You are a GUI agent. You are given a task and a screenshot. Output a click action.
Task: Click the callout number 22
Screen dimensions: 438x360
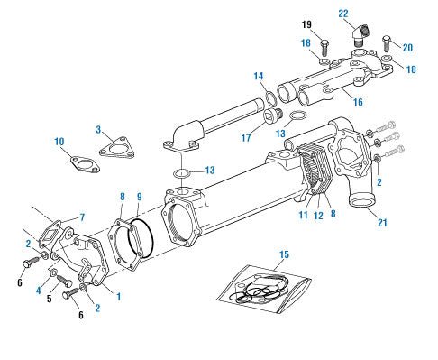(x=343, y=14)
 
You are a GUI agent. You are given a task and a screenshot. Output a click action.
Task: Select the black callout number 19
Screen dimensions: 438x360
(x=306, y=24)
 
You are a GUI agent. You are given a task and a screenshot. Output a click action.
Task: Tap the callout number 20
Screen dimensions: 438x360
(x=407, y=48)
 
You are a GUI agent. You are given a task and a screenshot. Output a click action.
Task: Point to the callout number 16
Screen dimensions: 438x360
(x=358, y=102)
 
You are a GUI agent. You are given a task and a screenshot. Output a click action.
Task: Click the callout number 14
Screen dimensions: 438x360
(x=259, y=76)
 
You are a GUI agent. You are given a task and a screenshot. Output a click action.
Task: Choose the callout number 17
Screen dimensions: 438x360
(x=246, y=138)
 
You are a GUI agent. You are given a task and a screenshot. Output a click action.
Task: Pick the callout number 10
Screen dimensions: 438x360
(x=59, y=142)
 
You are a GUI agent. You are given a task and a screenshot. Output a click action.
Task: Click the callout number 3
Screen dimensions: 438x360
(x=98, y=130)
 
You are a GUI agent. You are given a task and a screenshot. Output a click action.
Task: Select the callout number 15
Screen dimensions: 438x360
(x=284, y=254)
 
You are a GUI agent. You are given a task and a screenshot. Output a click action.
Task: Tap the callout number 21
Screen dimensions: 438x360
(x=382, y=223)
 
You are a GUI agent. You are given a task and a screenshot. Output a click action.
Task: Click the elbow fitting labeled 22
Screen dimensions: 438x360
(x=360, y=34)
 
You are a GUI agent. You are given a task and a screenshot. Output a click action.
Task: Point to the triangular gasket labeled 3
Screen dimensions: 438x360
(x=117, y=147)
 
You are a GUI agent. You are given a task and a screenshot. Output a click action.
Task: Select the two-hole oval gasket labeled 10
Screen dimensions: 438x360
(x=86, y=165)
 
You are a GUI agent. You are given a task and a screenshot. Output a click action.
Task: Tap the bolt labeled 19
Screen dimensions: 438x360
(x=324, y=48)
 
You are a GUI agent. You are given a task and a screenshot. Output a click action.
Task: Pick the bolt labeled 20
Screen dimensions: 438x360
(x=386, y=43)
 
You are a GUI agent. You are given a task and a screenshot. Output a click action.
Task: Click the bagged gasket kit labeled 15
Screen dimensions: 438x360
(x=264, y=288)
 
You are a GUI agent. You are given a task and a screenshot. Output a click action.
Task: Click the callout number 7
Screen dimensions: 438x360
(x=82, y=217)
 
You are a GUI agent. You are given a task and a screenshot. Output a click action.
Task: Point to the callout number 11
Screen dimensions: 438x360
(x=303, y=215)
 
